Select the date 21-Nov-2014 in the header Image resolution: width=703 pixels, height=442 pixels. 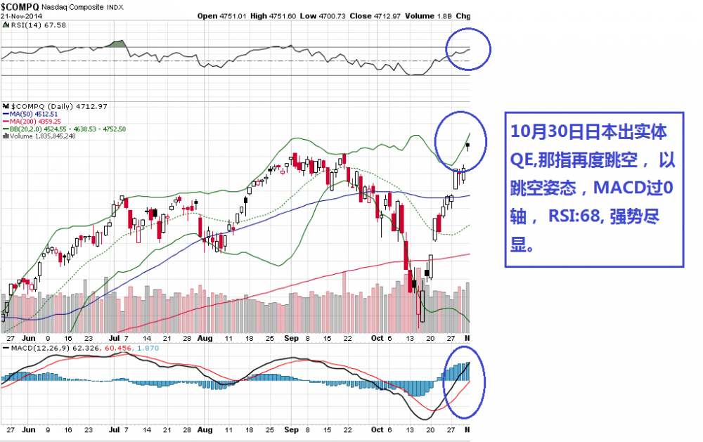tap(20, 15)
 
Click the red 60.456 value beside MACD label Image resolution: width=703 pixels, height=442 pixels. tap(119, 347)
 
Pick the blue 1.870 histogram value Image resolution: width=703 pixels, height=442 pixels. tap(146, 347)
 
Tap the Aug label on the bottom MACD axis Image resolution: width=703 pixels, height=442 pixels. tap(205, 429)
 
